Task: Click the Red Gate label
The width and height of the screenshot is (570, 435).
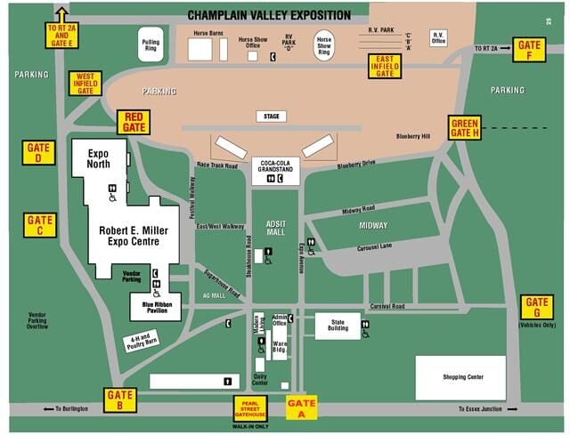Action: tap(134, 122)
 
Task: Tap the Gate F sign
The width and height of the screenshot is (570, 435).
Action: tap(528, 49)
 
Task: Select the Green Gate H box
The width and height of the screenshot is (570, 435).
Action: tap(465, 128)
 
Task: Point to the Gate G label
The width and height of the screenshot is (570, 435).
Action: tap(537, 307)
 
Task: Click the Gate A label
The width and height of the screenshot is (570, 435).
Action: tap(302, 407)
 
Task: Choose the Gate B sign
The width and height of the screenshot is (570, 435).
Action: tap(120, 399)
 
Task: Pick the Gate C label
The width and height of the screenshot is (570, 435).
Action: tap(41, 224)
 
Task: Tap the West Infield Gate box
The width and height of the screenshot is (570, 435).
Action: tap(85, 83)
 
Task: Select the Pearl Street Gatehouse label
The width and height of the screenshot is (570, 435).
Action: tap(250, 407)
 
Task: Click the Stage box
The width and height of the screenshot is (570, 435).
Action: tap(271, 116)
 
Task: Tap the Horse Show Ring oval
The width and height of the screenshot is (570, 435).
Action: tap(325, 45)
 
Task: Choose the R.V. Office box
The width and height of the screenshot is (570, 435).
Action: tap(438, 38)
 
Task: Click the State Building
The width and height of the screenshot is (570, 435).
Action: tap(338, 325)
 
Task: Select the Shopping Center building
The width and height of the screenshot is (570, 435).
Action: tap(460, 377)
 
